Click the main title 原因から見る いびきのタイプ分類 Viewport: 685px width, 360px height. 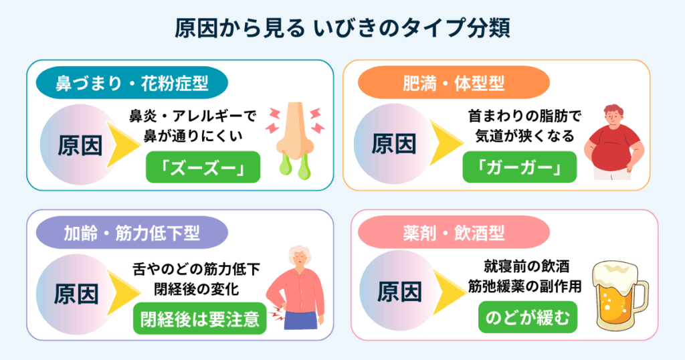(x=342, y=30)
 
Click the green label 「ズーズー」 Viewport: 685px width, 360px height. (x=194, y=168)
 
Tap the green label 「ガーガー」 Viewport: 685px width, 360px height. (x=520, y=168)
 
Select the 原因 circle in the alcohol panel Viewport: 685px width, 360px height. (x=399, y=292)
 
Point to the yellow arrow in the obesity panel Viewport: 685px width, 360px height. (x=447, y=144)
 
